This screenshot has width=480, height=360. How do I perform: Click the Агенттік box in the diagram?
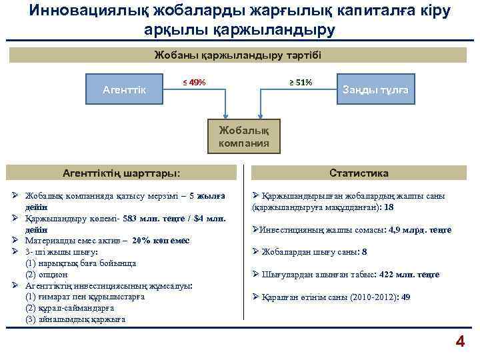[x=126, y=89]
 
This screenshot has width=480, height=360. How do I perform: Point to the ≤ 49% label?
[x=194, y=83]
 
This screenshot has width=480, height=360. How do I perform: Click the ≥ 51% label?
[x=300, y=83]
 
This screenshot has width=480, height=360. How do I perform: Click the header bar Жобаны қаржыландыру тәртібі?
[x=238, y=55]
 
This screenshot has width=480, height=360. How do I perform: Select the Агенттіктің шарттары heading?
[x=121, y=173]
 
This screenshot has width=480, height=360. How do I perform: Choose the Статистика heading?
[x=359, y=173]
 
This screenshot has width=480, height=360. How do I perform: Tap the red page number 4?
[x=459, y=342]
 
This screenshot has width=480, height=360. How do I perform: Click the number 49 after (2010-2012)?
[x=406, y=297]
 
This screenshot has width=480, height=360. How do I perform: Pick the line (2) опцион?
[x=46, y=274]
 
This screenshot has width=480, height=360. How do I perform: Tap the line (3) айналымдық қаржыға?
[x=75, y=319]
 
